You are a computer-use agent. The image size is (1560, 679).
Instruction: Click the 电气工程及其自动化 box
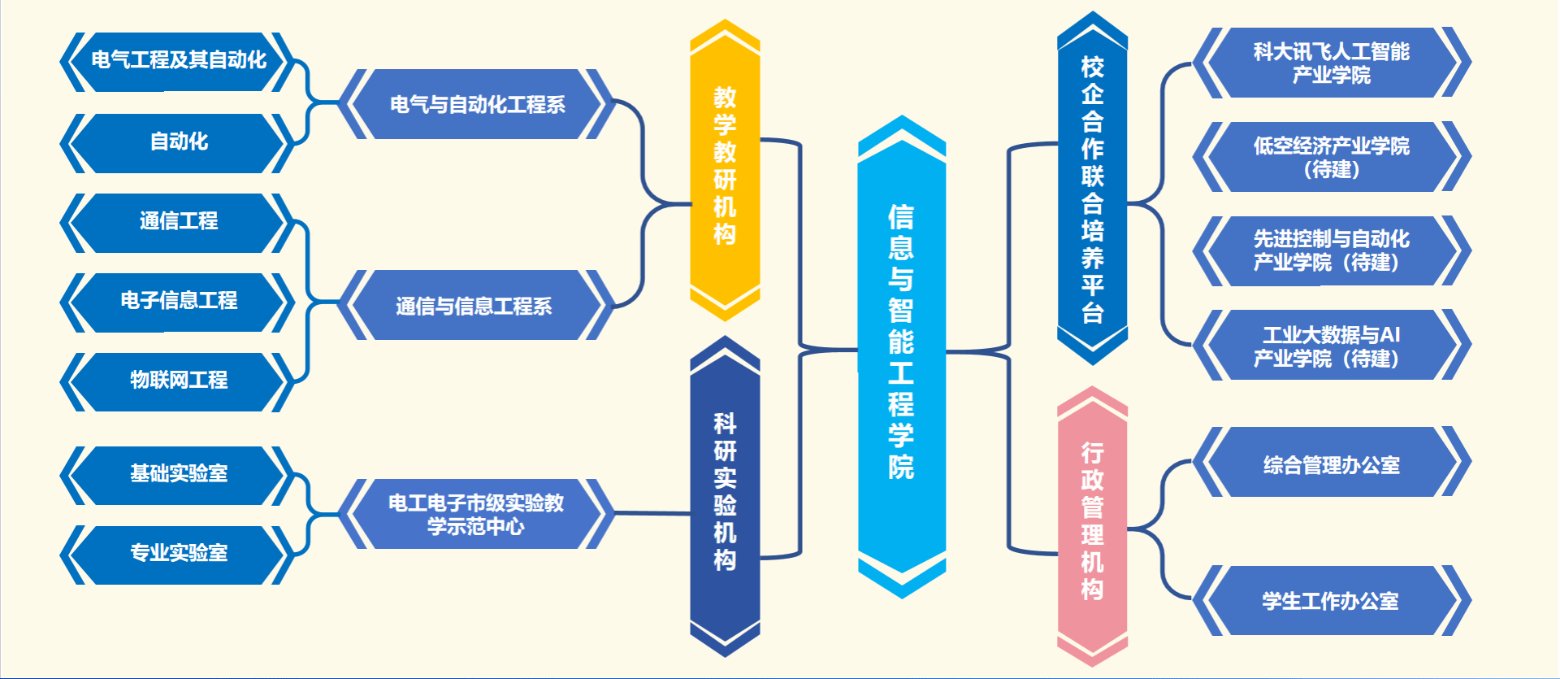178,61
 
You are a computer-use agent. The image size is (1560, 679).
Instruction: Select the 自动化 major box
178,142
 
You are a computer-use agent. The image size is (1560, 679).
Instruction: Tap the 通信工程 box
178,222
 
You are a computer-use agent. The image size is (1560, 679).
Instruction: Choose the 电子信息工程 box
178,302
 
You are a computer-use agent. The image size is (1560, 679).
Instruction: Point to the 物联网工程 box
178,381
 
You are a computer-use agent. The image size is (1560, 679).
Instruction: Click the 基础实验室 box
178,474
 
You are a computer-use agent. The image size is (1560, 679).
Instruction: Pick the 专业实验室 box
178,554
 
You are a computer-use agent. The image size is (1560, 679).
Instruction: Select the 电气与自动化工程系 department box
477,104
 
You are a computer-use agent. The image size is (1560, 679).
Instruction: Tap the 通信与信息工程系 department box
474,306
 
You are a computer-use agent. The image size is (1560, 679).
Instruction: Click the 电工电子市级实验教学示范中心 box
476,514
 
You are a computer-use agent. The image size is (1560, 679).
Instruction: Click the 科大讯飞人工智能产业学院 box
1331,63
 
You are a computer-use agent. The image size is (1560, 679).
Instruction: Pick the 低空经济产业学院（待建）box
1331,158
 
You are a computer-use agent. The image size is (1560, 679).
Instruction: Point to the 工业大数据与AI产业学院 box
1331,346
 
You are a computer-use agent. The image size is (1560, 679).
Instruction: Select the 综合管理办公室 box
1331,464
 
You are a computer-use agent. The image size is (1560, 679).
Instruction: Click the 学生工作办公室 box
1331,601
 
